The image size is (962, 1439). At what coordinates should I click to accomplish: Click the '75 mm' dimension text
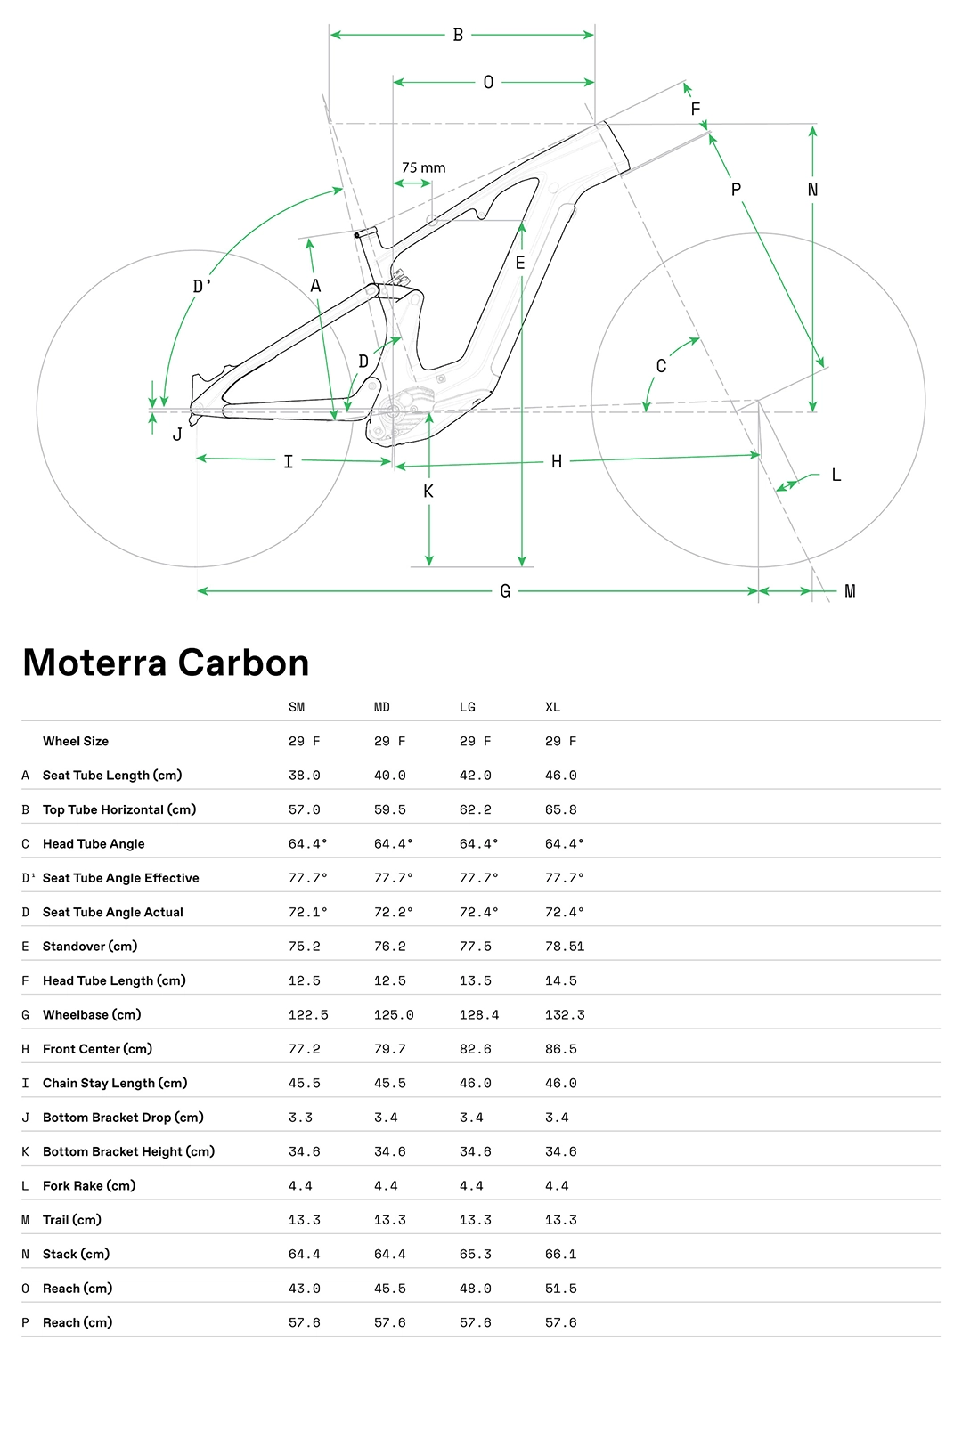[x=423, y=167]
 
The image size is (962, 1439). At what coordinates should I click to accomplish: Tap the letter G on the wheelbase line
[x=505, y=591]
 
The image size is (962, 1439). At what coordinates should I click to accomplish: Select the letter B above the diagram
[x=458, y=35]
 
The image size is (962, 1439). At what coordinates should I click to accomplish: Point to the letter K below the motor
[x=428, y=492]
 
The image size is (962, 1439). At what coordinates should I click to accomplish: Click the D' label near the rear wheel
[x=202, y=287]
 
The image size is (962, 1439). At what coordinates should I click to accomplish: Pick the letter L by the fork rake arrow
[x=836, y=476]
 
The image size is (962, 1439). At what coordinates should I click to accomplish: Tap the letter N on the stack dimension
[x=812, y=190]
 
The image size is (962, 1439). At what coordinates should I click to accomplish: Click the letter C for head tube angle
[x=661, y=366]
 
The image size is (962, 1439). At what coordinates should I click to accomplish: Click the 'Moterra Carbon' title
[x=166, y=663]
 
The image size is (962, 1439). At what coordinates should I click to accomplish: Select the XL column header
[x=552, y=707]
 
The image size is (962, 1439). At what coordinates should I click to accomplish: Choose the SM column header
[x=297, y=707]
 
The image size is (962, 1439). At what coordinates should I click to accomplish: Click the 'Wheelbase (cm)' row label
[x=92, y=1015]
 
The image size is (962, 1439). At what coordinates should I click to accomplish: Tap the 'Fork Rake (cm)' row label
[x=89, y=1186]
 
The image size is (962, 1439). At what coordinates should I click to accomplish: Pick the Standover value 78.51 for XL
[x=565, y=947]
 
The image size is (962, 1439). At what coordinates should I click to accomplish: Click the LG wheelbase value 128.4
[x=478, y=1015]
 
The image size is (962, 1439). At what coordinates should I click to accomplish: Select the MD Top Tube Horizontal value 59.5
[x=389, y=810]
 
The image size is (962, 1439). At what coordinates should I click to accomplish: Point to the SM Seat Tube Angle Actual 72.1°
[x=307, y=913]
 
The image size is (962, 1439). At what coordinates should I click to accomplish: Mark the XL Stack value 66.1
[x=560, y=1255]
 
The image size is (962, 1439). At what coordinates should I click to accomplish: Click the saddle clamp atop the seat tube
[x=366, y=233]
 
